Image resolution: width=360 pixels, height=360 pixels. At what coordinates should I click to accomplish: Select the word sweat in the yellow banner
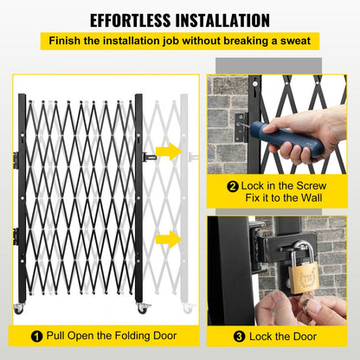pyautogui.click(x=293, y=41)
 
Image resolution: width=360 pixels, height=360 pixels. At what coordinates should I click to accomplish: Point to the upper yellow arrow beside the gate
pyautogui.click(x=170, y=152)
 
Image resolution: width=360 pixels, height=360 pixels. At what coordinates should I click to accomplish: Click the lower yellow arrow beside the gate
pyautogui.click(x=170, y=237)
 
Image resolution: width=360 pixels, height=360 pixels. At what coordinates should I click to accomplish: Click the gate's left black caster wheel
pyautogui.click(x=19, y=309)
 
